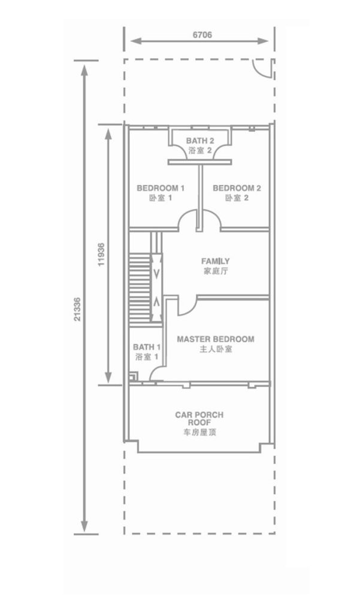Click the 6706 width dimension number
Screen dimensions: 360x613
pos(202,35)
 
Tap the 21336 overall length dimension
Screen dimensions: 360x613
pos(77,309)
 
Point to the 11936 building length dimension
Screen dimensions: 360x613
pos(101,254)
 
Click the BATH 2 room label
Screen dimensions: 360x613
pos(200,140)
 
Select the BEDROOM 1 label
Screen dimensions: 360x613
pos(161,188)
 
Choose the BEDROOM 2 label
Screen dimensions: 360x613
pos(237,188)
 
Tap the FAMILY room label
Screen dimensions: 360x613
pos(216,261)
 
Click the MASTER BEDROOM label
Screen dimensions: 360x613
pos(216,339)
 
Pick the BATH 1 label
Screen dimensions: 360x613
pos(147,347)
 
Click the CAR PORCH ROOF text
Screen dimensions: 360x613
pos(199,418)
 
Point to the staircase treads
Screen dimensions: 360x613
pos(140,287)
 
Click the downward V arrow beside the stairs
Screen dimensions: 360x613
pos(156,272)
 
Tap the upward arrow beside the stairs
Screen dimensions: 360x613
pos(156,302)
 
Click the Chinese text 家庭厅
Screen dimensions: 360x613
pos(216,271)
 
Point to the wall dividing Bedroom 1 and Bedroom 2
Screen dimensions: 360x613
pos(200,196)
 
